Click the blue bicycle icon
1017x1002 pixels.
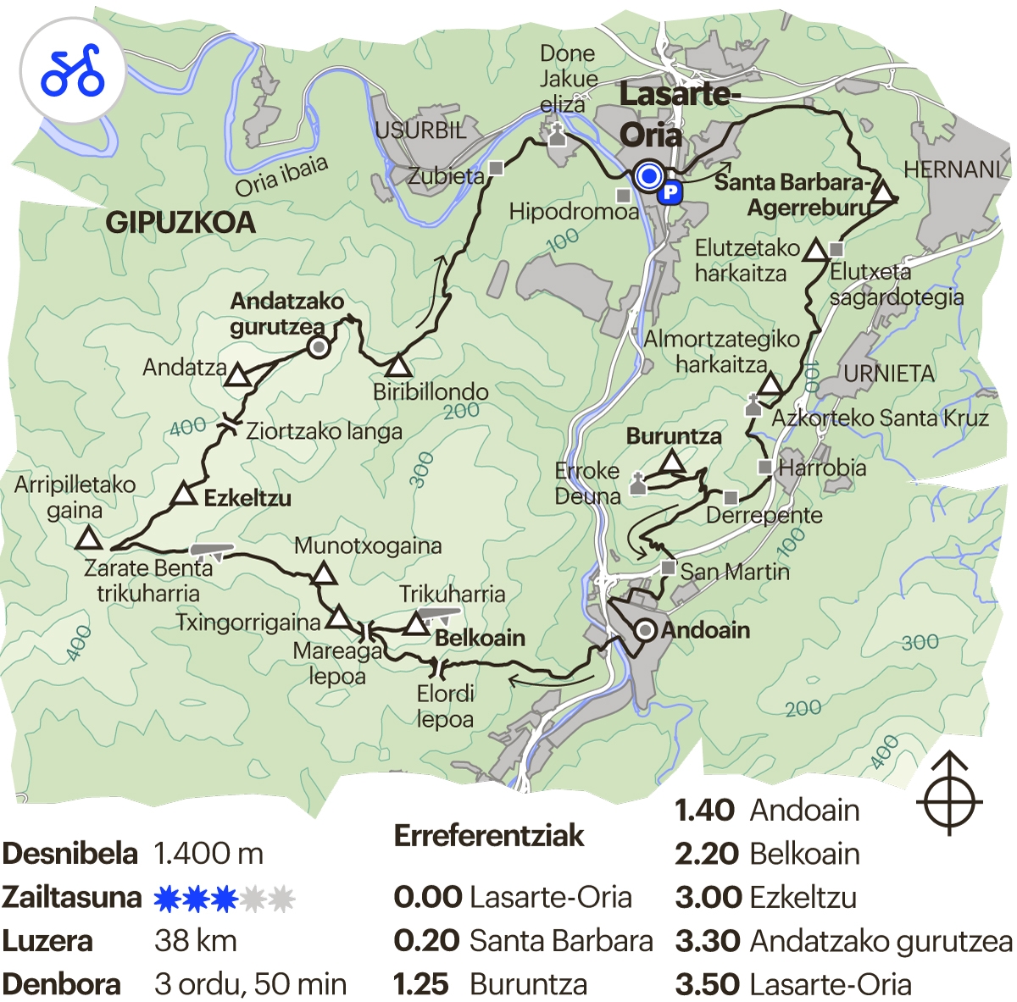[73, 71]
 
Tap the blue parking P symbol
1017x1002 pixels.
[670, 192]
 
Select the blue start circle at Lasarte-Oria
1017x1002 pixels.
[649, 176]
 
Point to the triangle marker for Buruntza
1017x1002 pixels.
[672, 462]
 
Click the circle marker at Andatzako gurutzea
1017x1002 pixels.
[318, 346]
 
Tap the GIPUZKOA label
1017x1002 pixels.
[180, 223]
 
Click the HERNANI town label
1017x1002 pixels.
[952, 169]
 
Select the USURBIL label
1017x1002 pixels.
[420, 130]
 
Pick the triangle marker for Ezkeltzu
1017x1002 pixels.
[184, 495]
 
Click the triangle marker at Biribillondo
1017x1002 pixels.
[397, 367]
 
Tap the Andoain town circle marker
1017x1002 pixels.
[646, 630]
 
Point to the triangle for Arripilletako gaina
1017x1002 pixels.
[88, 539]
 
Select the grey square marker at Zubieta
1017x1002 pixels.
[497, 168]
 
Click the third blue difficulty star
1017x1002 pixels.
[224, 898]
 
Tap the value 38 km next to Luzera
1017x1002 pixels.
[196, 941]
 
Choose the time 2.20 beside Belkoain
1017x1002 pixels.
[704, 854]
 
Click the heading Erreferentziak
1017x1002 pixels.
[489, 836]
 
